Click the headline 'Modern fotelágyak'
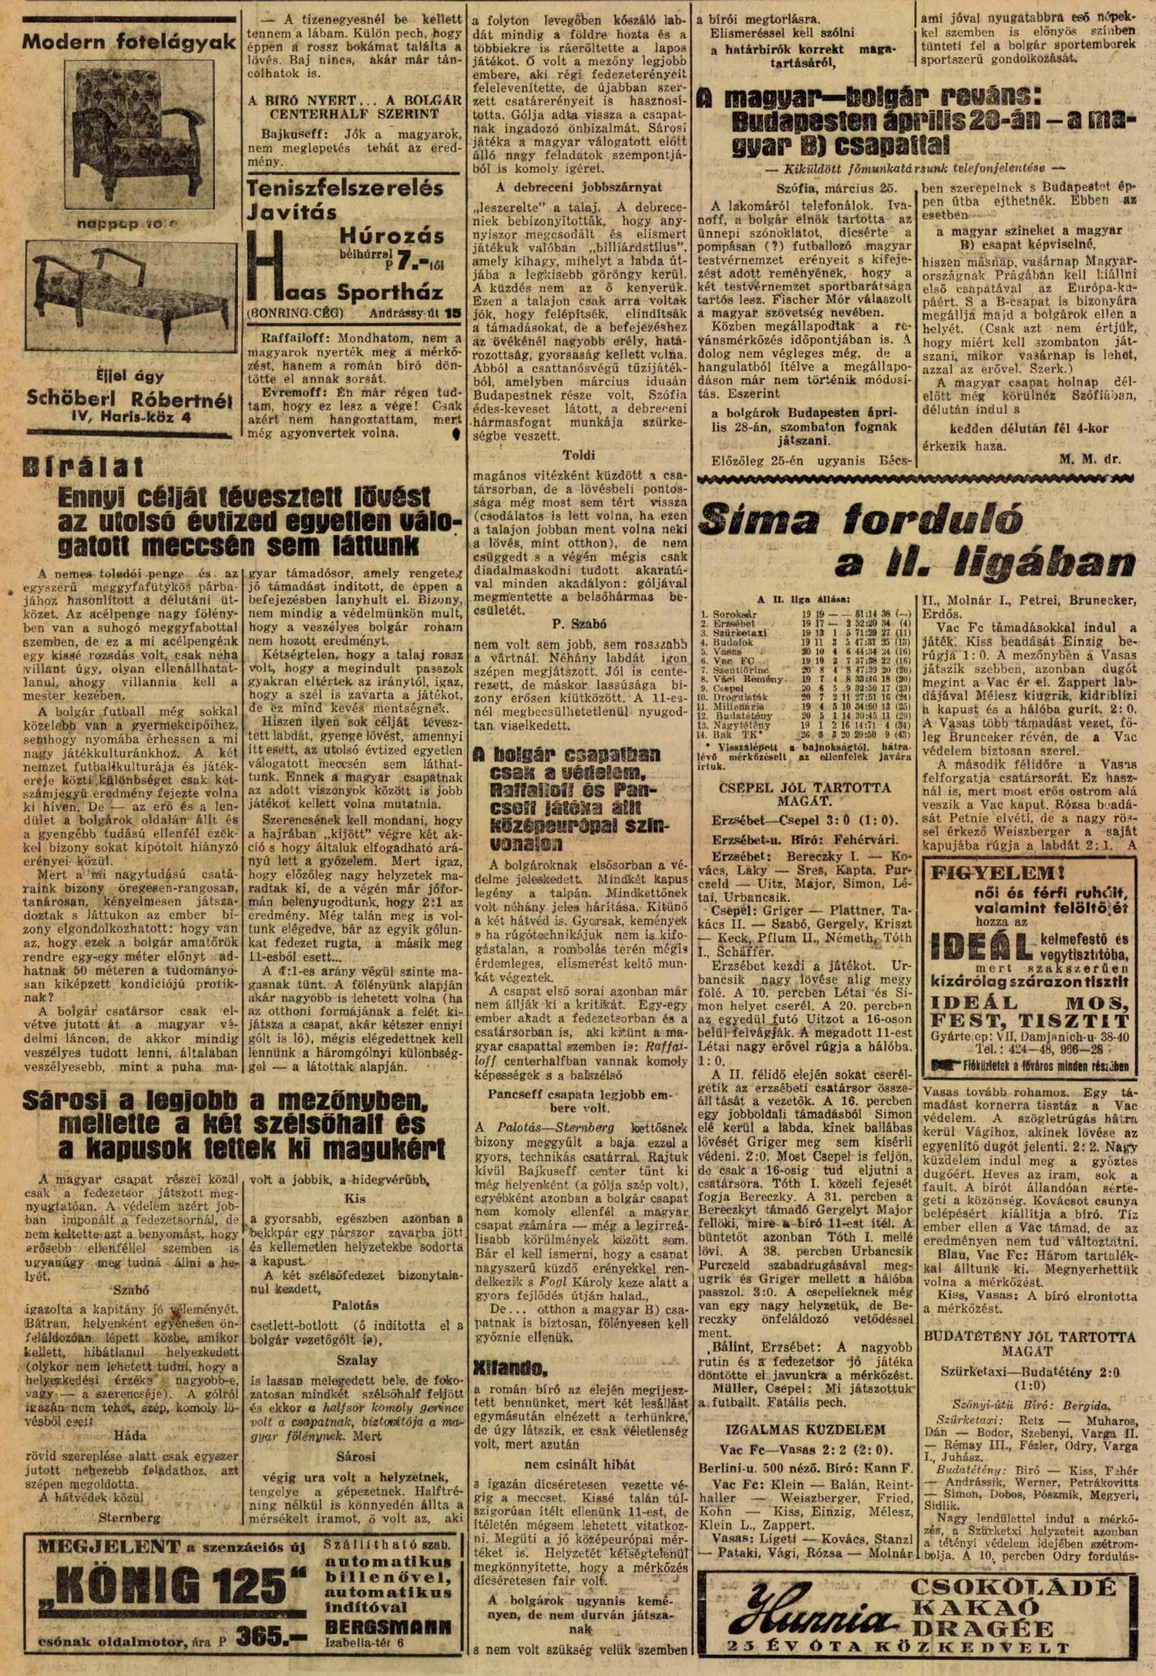click(x=129, y=42)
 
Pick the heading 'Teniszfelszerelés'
click(x=344, y=189)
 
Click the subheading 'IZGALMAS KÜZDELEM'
click(x=801, y=1429)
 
